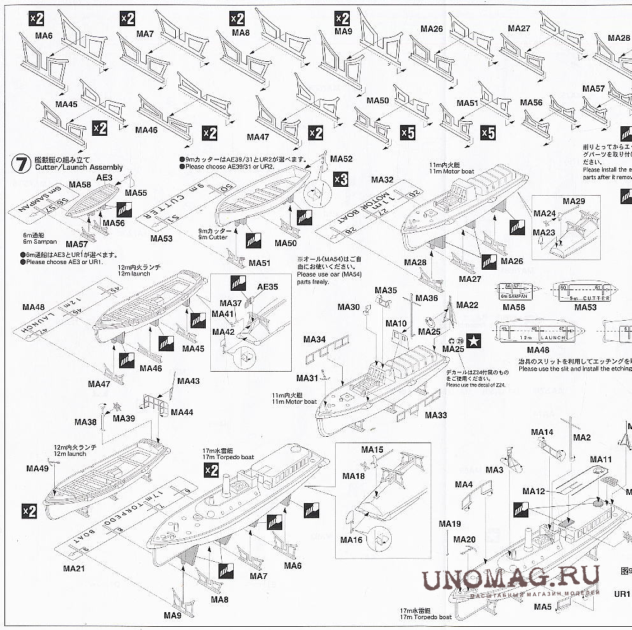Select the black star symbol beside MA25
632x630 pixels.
[x=474, y=341]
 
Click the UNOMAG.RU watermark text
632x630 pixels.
[x=510, y=579]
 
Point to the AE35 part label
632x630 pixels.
[x=268, y=287]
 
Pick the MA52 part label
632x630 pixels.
[x=341, y=159]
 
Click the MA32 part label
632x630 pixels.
[x=382, y=180]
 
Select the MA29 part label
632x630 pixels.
[x=573, y=201]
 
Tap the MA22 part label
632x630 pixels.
[x=467, y=305]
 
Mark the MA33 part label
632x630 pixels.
[x=436, y=416]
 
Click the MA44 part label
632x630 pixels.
[x=182, y=413]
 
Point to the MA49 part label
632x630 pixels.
[x=38, y=468]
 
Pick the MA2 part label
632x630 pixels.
[x=582, y=437]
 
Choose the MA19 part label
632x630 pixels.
[x=449, y=524]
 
